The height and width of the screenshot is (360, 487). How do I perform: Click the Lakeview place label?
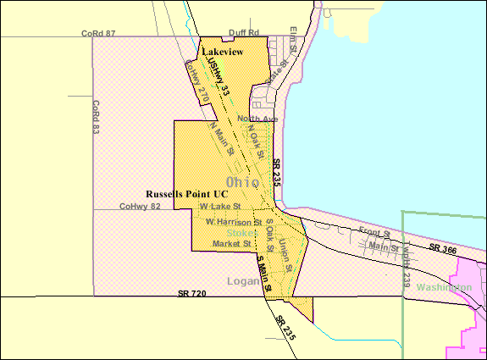(223, 52)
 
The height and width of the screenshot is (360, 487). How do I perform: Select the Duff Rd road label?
(242, 33)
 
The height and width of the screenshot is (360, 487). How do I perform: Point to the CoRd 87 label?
(98, 33)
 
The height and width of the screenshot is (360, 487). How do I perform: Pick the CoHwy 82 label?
(140, 206)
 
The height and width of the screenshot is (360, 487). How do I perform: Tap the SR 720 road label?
(192, 293)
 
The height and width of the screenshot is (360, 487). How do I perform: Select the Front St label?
(374, 231)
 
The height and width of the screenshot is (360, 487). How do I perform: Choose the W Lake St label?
(220, 206)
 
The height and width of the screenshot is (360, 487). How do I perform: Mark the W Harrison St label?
(234, 222)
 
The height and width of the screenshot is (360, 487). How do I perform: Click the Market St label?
(232, 244)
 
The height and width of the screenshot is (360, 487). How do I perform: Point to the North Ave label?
(257, 118)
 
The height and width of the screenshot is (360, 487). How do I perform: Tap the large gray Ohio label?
(244, 182)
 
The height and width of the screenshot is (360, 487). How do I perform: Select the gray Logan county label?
(242, 280)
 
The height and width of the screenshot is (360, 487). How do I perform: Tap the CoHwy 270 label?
(197, 85)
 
